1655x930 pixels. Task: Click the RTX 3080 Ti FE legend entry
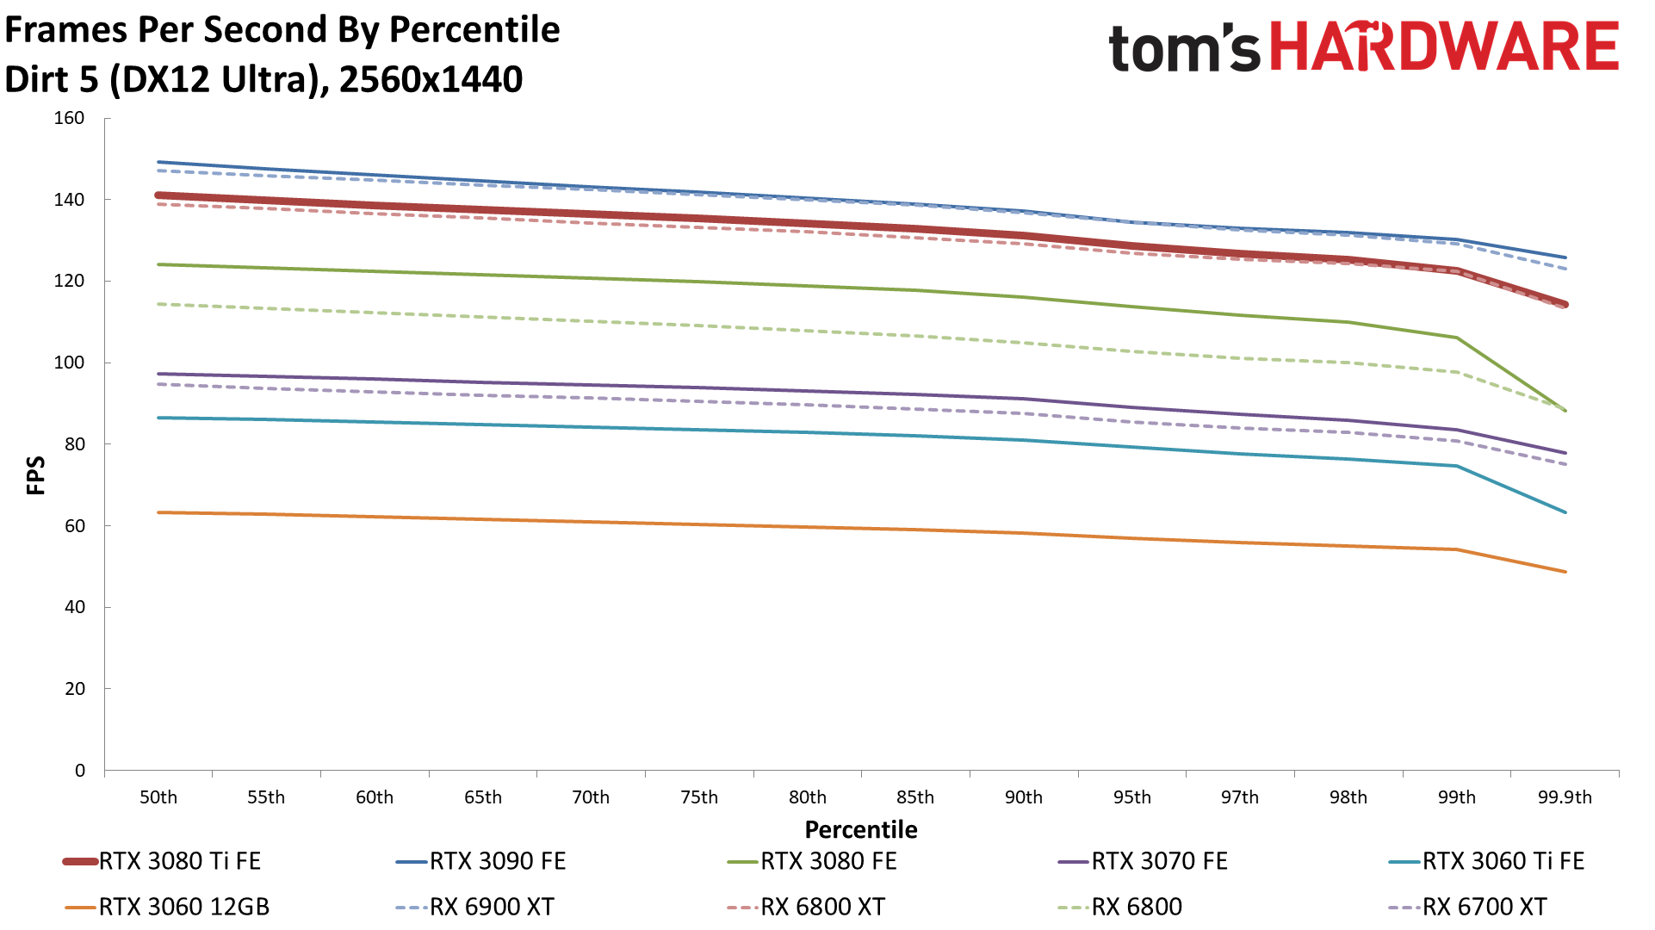click(x=179, y=861)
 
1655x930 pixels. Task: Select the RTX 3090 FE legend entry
click(x=498, y=861)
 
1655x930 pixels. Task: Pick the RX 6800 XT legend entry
click(x=822, y=907)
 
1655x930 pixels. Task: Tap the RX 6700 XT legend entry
click(x=1485, y=907)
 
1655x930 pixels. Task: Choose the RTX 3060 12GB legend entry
click(x=183, y=907)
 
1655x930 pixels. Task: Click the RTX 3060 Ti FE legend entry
click(x=1503, y=861)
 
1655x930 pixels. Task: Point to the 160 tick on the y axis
click(x=69, y=118)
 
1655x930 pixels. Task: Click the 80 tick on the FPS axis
click(x=75, y=444)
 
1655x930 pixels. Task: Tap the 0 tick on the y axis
click(x=80, y=771)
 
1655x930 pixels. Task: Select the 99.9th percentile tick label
click(x=1565, y=797)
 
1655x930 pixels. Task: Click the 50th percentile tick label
click(x=158, y=797)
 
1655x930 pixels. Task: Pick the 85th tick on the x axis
click(x=915, y=797)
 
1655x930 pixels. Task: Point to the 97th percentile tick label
click(x=1240, y=797)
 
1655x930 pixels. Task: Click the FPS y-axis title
click(x=36, y=475)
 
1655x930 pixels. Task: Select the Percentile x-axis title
click(x=861, y=829)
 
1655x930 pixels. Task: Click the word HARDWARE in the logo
click(x=1445, y=46)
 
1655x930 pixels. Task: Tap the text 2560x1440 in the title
click(x=431, y=79)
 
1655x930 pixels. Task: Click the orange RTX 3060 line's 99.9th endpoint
click(x=1565, y=572)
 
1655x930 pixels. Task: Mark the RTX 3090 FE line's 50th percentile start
click(x=159, y=162)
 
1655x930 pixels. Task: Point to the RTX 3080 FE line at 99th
click(x=1457, y=338)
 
